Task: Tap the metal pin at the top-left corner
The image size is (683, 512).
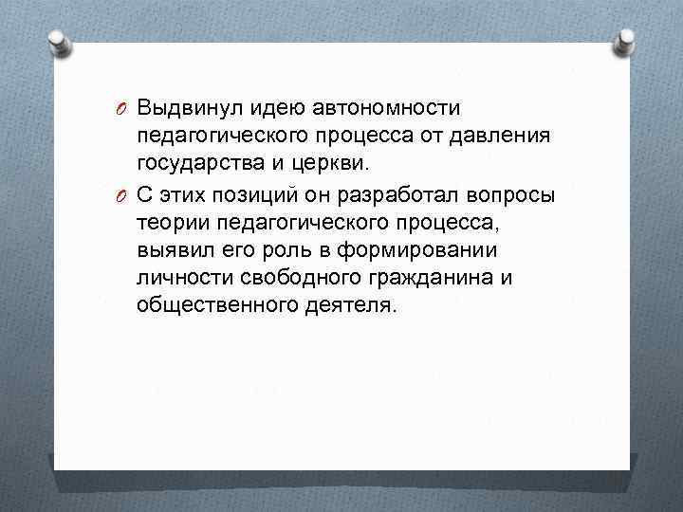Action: point(57,40)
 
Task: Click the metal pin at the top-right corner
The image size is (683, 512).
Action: point(627,40)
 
